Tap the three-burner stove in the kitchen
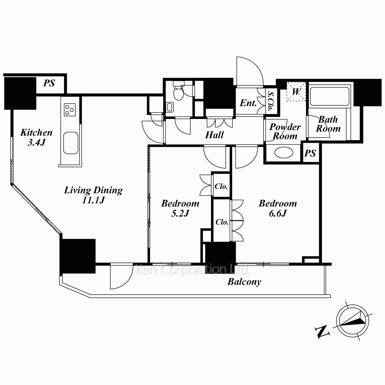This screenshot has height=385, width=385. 70,110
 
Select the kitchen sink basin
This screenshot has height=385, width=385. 71,143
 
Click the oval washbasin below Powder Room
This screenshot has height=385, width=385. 284,153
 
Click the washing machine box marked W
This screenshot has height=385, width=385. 296,91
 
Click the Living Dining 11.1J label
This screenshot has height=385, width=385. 93,195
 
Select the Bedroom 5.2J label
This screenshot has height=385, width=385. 180,208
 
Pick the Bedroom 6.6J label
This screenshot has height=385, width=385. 278,208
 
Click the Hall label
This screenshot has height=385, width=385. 214,135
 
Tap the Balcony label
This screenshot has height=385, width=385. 244,282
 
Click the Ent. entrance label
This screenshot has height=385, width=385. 248,103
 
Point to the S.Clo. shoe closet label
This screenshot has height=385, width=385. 271,101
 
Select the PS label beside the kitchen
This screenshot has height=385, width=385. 49,83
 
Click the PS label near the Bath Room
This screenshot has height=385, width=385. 310,154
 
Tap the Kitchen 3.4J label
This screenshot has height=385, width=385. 36,137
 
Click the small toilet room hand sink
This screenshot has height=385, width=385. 170,107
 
